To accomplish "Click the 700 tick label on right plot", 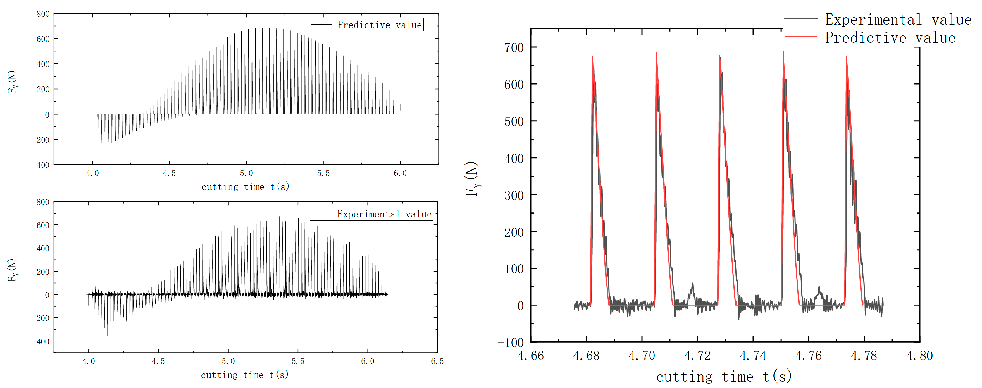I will click(x=514, y=48).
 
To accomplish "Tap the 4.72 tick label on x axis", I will click(x=697, y=356).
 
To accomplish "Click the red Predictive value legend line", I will click(x=801, y=37).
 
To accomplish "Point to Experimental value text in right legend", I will click(x=898, y=19).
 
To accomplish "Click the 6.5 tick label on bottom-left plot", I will click(x=437, y=361).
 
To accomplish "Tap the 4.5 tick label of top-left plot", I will click(x=169, y=173).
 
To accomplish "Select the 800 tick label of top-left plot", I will click(x=43, y=14).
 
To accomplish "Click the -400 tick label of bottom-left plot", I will click(x=41, y=341).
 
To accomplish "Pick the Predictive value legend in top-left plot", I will click(x=367, y=24).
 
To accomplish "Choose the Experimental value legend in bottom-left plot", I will click(x=372, y=214).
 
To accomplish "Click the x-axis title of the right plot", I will click(x=723, y=377).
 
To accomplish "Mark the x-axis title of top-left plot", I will click(x=245, y=187).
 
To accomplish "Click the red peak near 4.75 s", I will click(x=783, y=53).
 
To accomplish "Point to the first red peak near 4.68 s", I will click(x=592, y=57).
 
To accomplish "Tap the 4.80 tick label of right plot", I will click(x=919, y=356).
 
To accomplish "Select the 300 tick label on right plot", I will click(x=514, y=195).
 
